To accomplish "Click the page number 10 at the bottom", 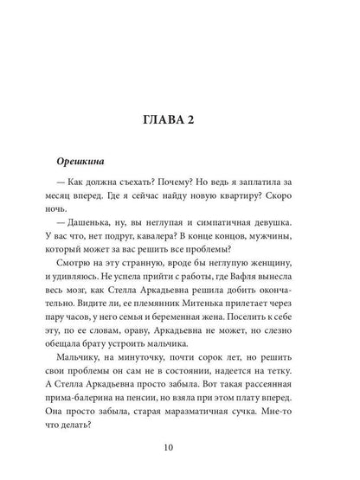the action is click(x=181, y=446).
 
